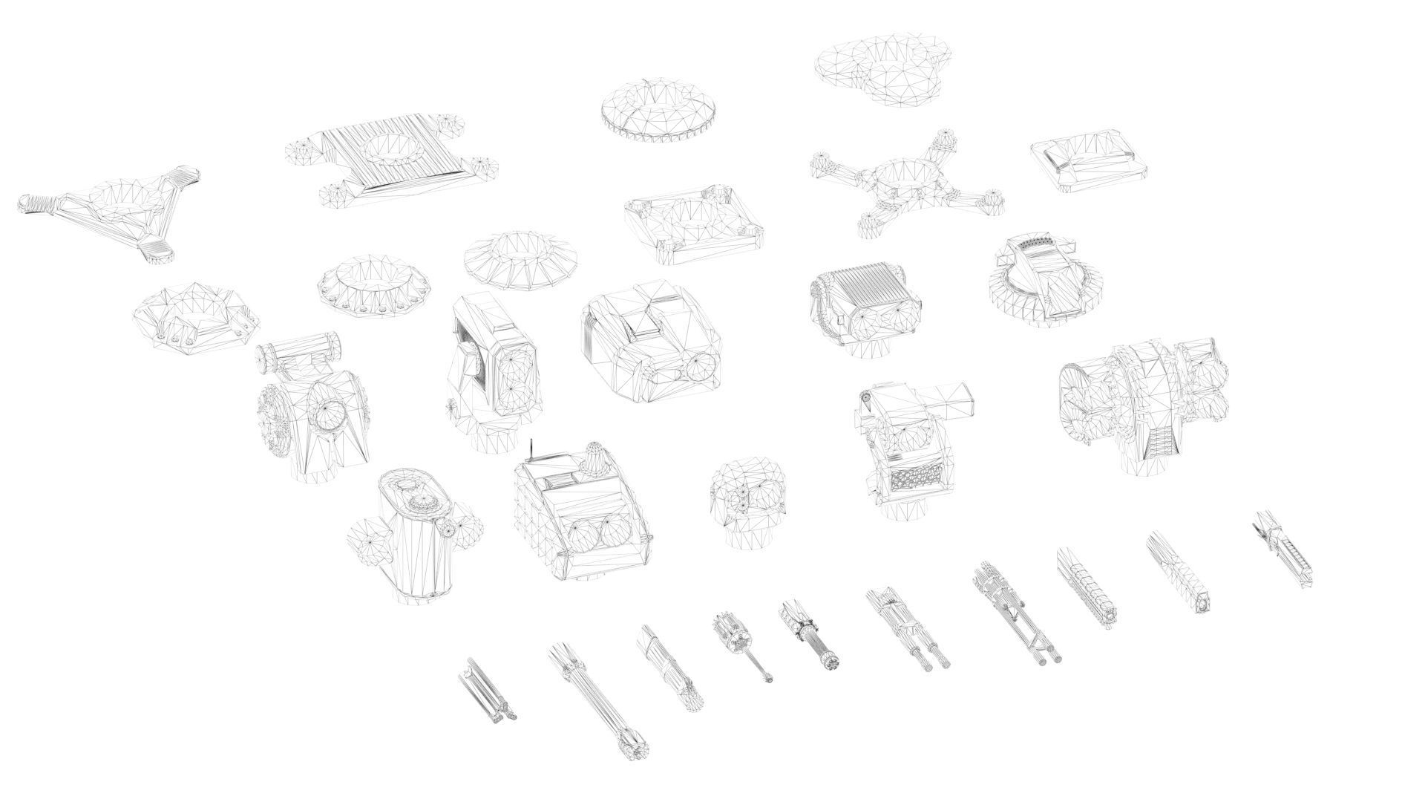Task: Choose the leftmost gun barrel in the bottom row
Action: (x=487, y=691)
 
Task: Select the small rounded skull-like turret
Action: (x=747, y=501)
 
